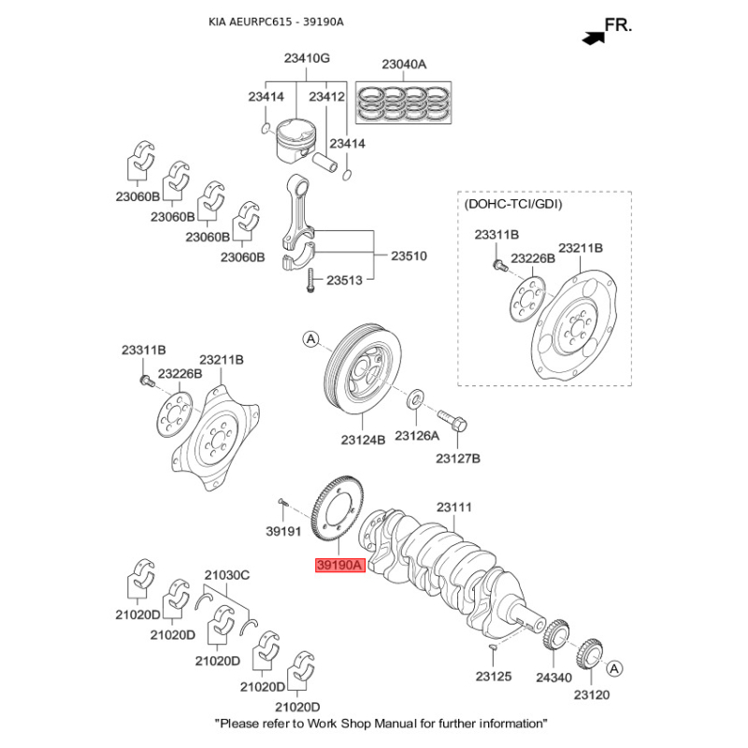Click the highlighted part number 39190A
point(338,566)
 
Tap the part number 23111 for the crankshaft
point(455,508)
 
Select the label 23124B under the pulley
point(363,439)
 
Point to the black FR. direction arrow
point(591,37)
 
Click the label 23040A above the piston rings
point(404,65)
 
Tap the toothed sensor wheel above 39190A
point(334,514)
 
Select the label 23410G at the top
point(307,58)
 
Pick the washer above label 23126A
point(414,402)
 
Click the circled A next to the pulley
point(310,339)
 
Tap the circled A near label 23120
point(615,669)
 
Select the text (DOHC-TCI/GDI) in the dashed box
point(513,203)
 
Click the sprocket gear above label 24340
point(554,640)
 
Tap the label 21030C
point(227,575)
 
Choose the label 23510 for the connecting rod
point(409,254)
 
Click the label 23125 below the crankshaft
point(493,675)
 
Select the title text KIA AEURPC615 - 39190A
point(276,21)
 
